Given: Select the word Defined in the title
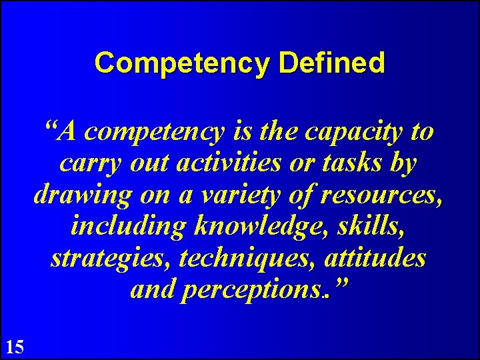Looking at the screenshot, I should [333, 63].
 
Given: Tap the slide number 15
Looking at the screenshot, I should [15, 346].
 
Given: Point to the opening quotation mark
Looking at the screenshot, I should [50, 127].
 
